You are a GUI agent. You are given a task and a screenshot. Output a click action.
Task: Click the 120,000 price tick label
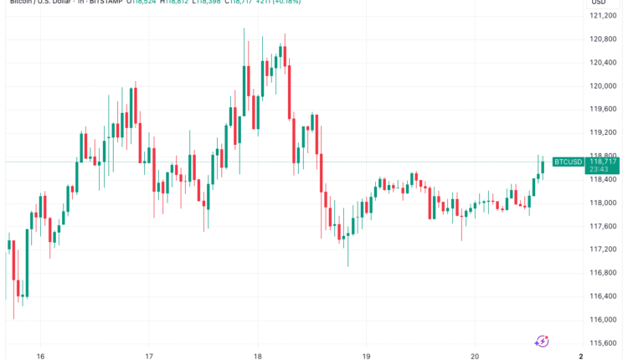click(x=603, y=85)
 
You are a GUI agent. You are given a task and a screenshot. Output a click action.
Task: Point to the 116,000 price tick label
click(x=603, y=319)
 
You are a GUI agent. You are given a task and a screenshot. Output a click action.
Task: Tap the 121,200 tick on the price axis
click(x=603, y=15)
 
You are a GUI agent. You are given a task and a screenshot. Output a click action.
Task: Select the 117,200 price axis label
click(x=603, y=249)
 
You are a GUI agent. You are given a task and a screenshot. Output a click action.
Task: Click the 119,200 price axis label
click(x=603, y=132)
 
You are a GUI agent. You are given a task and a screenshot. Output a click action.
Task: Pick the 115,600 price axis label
click(x=603, y=342)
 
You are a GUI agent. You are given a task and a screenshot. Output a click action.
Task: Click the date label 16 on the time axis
click(x=40, y=355)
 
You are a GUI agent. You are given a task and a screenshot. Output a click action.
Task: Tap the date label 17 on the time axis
click(x=148, y=355)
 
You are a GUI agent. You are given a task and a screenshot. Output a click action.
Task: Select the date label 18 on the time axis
click(x=257, y=355)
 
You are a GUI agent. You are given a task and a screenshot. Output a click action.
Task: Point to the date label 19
click(x=366, y=355)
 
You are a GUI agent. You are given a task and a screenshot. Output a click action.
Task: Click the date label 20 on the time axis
click(x=475, y=355)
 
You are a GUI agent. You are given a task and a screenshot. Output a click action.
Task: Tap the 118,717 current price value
click(x=604, y=161)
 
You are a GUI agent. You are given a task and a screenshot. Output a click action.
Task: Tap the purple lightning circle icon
click(x=542, y=341)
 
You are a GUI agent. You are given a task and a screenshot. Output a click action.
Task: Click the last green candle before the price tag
click(x=543, y=167)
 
